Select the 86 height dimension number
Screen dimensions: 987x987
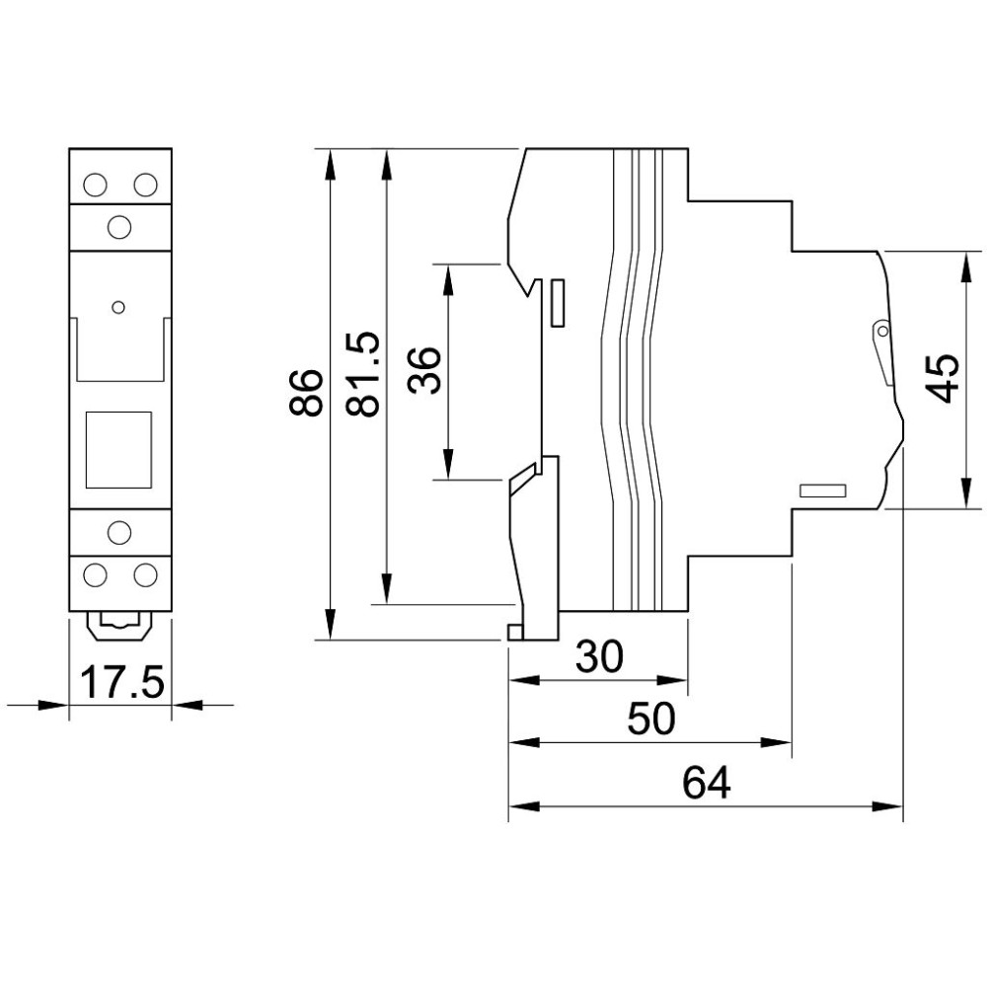306,393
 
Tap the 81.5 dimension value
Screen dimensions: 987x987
362,374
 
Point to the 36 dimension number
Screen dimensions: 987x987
423,371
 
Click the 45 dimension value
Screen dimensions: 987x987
944,378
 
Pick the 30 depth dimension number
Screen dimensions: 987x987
600,656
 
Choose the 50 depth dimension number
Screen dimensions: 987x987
651,719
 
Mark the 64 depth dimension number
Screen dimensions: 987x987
707,783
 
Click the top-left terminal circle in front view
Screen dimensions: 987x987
95,185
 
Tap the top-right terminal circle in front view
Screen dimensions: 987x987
145,185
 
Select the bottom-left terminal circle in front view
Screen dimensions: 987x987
95,574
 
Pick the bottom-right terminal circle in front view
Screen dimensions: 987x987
145,574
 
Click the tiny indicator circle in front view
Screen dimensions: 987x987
117,307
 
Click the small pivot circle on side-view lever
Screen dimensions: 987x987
882,331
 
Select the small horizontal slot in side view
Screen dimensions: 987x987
822,491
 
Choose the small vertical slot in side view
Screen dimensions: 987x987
557,303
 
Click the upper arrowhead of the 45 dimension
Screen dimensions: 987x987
965,265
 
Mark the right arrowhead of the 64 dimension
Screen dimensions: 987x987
889,806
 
